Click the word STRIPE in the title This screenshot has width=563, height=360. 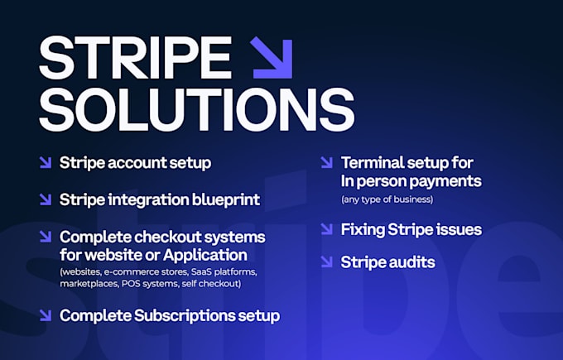pos(135,58)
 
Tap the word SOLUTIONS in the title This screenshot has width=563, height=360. pos(197,109)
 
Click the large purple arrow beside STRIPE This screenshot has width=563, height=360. pos(272,57)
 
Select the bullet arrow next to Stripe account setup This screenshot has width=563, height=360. pos(46,162)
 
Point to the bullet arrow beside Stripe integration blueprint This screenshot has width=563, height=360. pos(46,199)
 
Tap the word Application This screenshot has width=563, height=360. pos(205,256)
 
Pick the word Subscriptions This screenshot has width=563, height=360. pos(185,316)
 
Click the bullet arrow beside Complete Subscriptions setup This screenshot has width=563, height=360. pos(46,315)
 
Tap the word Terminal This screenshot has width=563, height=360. pos(373,162)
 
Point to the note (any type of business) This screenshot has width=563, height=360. pos(387,199)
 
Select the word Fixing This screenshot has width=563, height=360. pos(363,230)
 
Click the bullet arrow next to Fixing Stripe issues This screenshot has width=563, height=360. pos(327,229)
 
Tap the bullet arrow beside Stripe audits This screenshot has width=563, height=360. pos(327,262)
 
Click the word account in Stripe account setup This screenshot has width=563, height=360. pos(137,163)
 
